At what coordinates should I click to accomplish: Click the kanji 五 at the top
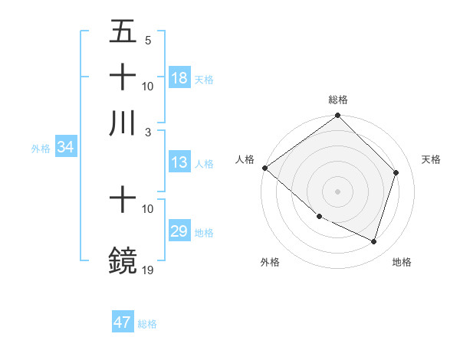(123, 33)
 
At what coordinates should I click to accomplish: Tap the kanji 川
(123, 123)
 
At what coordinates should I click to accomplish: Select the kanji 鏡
(123, 260)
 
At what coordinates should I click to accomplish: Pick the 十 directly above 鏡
(123, 200)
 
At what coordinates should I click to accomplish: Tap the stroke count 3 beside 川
(148, 131)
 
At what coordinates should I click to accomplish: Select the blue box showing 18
(179, 78)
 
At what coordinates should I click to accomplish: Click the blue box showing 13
(179, 162)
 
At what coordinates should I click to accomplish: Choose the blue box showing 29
(179, 231)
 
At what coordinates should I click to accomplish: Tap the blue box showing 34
(65, 148)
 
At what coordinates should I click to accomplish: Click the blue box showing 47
(123, 322)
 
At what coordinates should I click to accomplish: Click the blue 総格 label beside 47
(147, 324)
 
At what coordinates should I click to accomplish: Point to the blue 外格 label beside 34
(41, 149)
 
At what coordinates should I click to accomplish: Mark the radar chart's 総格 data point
(337, 116)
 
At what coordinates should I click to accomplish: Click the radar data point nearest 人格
(264, 168)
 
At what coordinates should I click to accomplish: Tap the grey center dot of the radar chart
(337, 191)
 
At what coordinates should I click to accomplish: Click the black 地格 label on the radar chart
(402, 262)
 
